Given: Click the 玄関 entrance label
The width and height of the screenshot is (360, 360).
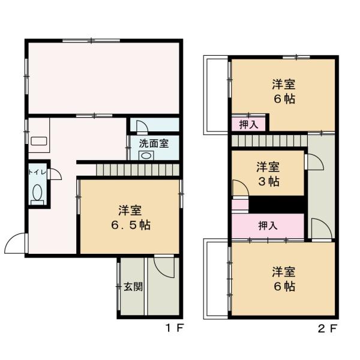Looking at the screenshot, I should tap(133, 286).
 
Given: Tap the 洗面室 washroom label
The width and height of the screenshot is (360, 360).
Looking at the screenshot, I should tap(154, 143).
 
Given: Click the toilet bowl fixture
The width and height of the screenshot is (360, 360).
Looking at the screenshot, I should tap(37, 193).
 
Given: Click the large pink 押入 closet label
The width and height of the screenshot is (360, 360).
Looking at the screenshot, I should tap(267, 226).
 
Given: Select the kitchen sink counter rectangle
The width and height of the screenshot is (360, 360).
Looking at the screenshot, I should tap(39, 142).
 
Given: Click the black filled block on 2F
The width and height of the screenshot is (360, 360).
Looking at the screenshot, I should tap(278, 205).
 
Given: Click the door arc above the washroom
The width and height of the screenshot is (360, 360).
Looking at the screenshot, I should tap(142, 125).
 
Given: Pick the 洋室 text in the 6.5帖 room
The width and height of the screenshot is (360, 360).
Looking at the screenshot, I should tap(130, 211).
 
